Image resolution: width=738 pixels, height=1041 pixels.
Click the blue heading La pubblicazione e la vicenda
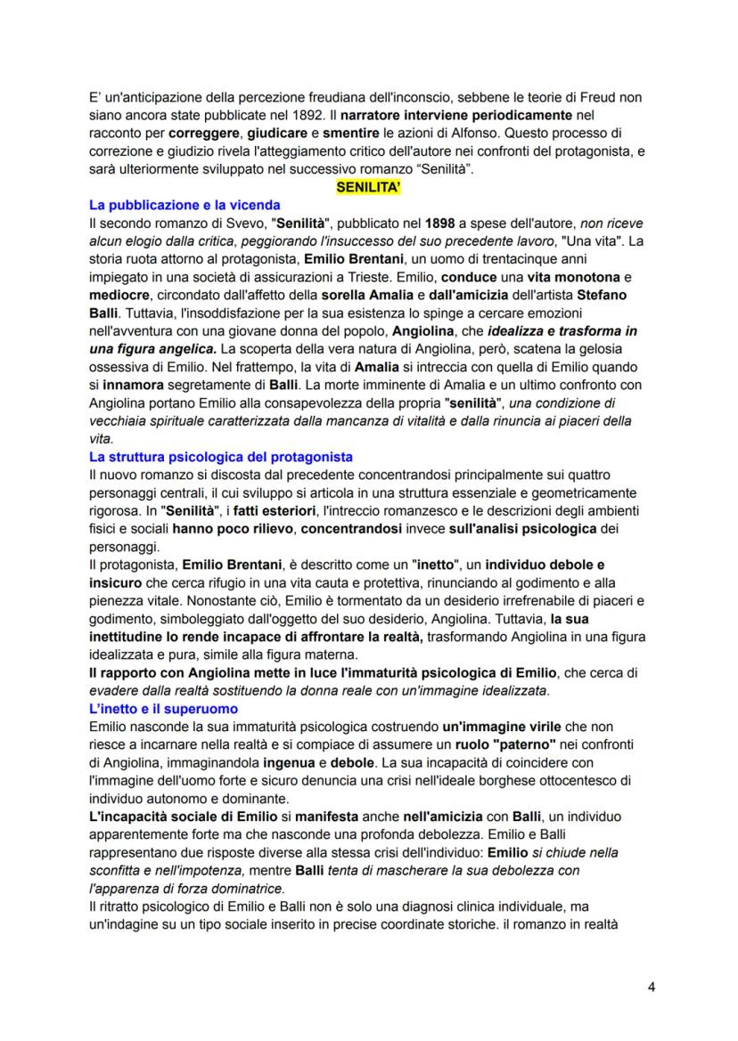[x=184, y=205]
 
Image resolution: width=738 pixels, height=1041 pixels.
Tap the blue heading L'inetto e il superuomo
[x=163, y=708]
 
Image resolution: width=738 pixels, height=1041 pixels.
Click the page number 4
[x=651, y=986]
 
